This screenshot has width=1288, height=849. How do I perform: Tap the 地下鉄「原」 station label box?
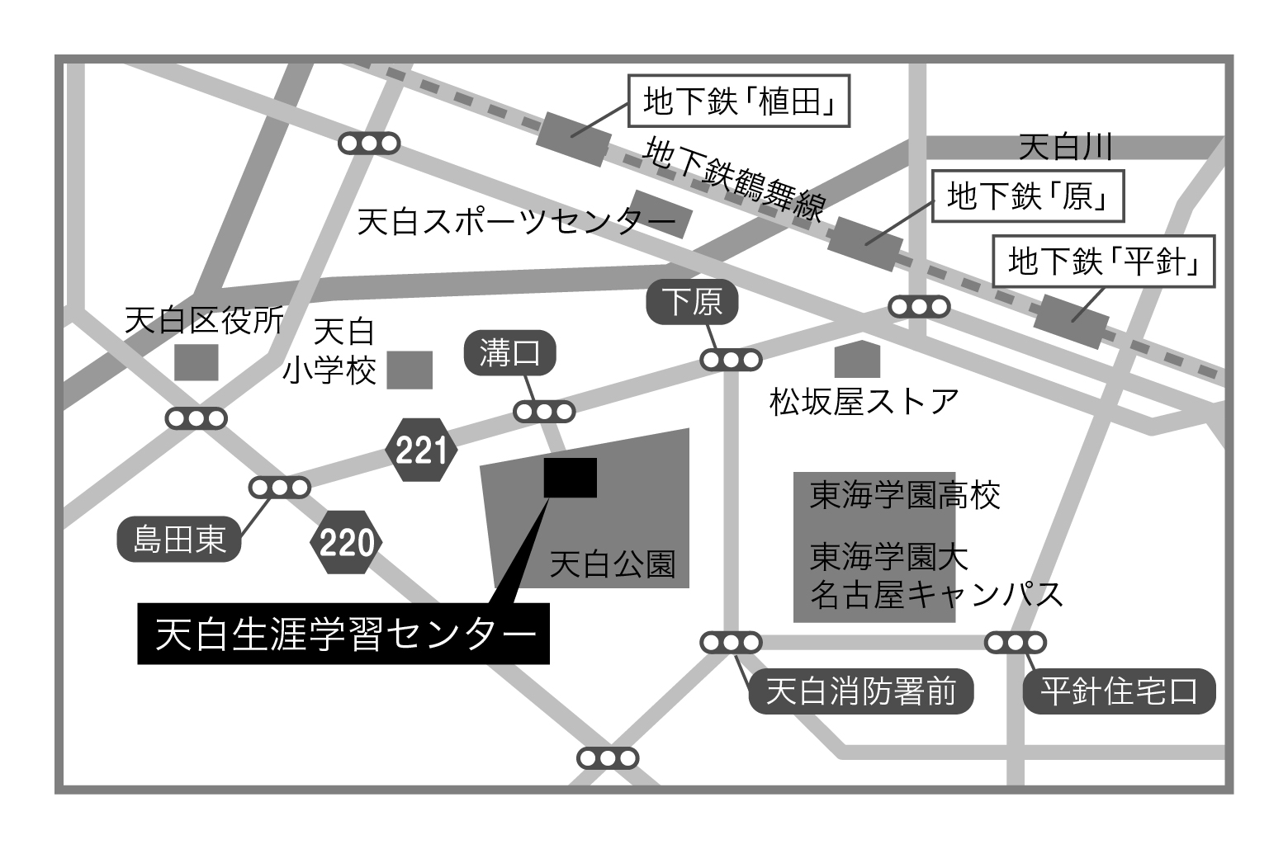tap(1027, 196)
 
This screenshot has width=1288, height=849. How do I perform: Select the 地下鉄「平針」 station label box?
tap(1103, 262)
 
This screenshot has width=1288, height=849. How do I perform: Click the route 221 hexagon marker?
tap(421, 450)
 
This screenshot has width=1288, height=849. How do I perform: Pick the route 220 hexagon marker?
tap(347, 543)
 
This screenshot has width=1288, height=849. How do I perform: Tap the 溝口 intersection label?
tap(509, 354)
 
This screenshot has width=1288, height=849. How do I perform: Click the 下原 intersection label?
tap(692, 302)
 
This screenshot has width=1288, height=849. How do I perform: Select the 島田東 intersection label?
tap(179, 540)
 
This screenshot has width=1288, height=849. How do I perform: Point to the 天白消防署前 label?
tap(860, 691)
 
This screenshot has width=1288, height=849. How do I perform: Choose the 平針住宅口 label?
tap(1119, 691)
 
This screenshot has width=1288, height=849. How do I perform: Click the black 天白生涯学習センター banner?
tap(343, 634)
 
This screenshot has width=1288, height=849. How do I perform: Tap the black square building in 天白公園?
tap(570, 478)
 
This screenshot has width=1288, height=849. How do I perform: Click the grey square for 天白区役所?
tap(197, 362)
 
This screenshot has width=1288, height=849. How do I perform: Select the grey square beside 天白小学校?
tap(410, 370)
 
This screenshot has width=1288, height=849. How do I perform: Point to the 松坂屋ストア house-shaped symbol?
tap(857, 360)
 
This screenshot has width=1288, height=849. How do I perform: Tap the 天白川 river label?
tap(1065, 148)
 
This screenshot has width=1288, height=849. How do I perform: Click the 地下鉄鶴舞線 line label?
tap(735, 181)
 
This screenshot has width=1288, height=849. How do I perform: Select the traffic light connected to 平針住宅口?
tap(1015, 642)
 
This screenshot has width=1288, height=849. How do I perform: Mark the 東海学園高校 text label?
tap(905, 496)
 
